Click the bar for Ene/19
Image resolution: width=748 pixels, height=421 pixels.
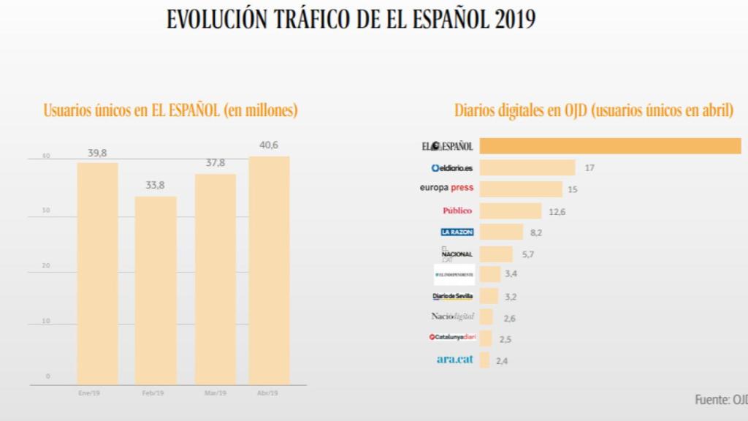point(97,273)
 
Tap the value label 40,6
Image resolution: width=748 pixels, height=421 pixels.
point(269,145)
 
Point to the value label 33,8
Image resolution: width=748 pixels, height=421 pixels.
point(155,186)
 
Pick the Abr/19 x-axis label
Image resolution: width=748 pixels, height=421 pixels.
point(269,392)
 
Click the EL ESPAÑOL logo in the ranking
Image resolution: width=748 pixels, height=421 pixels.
point(448,146)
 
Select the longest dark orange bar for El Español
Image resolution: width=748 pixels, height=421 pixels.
point(610,146)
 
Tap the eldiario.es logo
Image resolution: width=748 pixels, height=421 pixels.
point(452,167)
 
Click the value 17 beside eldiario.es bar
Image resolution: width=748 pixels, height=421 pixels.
point(589,168)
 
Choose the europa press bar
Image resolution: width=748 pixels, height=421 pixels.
point(521,189)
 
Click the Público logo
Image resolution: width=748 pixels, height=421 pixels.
point(457,210)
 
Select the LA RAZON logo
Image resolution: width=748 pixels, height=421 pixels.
point(457,232)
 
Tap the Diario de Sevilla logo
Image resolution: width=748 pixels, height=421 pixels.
point(453,296)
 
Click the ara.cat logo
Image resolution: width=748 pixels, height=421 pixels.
point(455,360)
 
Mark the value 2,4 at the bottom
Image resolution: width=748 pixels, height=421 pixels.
point(502,360)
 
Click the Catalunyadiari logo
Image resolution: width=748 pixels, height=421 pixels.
point(453,338)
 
